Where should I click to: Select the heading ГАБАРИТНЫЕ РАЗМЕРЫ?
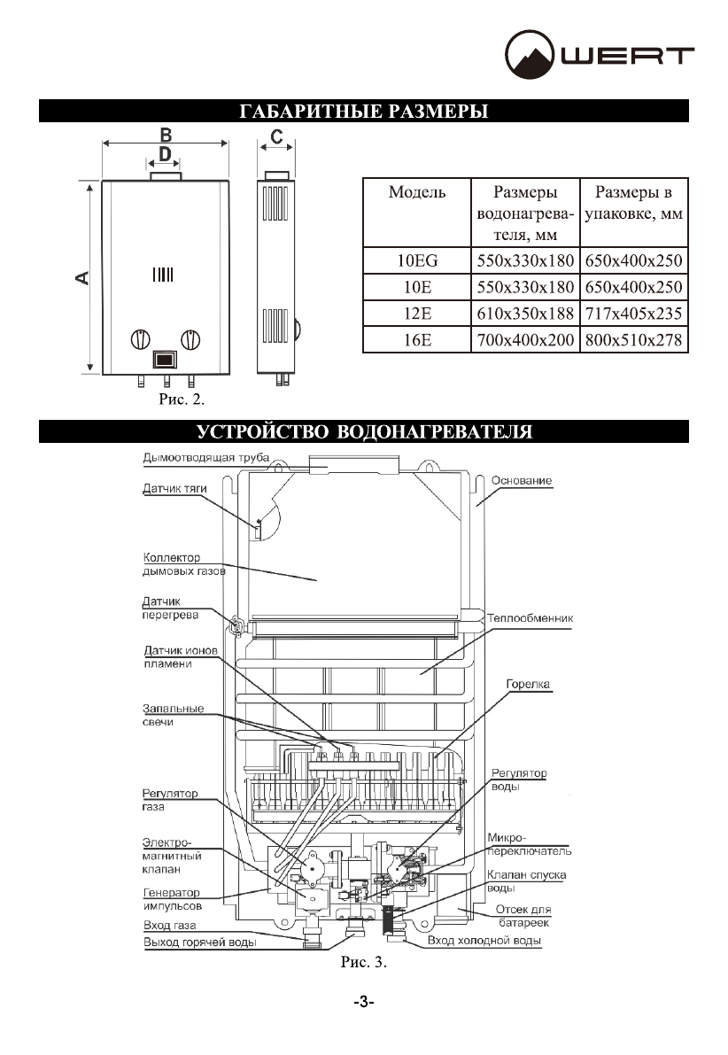(364, 112)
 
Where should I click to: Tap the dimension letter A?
(81, 278)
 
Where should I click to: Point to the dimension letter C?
(277, 136)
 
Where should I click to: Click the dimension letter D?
(165, 154)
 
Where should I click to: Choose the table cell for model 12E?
(416, 314)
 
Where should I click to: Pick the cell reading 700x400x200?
(525, 340)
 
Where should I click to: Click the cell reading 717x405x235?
(635, 314)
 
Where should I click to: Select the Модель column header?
(416, 192)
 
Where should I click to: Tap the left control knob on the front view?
(140, 340)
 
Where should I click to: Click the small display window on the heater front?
(165, 360)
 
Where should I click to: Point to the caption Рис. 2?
(181, 400)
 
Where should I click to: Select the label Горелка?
(529, 685)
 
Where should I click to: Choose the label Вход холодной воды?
(484, 941)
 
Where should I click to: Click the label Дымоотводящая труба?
(205, 458)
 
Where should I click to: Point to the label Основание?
(522, 480)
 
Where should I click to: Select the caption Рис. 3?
(364, 960)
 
